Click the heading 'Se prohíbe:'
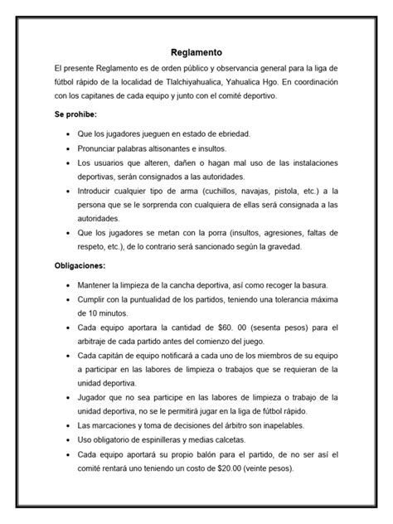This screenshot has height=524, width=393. (x=75, y=113)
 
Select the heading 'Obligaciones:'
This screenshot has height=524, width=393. (x=80, y=267)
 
